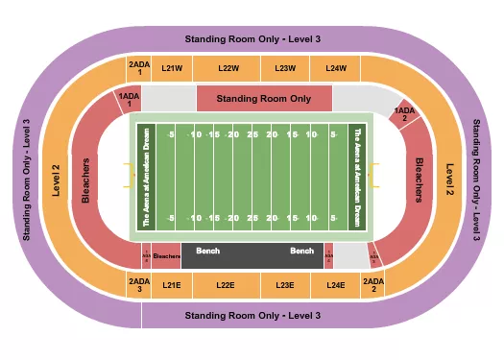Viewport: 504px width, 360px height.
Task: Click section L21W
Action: click(173, 68)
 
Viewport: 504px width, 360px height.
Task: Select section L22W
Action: click(228, 68)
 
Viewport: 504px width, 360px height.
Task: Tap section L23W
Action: click(285, 68)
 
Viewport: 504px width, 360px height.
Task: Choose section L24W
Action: click(335, 68)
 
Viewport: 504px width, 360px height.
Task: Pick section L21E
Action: click(172, 284)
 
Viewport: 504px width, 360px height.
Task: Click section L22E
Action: click(226, 284)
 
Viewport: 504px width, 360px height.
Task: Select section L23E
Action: click(284, 284)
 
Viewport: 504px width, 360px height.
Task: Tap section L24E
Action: click(335, 284)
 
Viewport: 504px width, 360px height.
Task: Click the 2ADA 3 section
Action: click(139, 284)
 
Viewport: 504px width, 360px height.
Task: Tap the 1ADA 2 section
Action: click(405, 114)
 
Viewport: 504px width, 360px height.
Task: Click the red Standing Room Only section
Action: click(263, 98)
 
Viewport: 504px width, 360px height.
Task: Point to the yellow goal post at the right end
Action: click(375, 177)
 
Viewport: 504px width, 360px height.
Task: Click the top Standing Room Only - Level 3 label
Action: click(252, 38)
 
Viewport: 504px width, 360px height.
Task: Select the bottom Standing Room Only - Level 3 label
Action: click(252, 315)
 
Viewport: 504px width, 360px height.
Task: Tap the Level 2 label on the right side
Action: click(447, 179)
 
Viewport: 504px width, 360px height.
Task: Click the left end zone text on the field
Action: click(147, 177)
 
